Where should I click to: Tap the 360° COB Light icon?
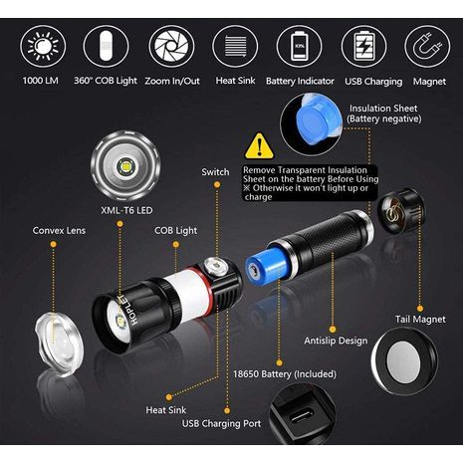coord(107,46)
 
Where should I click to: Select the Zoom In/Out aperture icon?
coord(171,46)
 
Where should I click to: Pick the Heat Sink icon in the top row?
coord(235,46)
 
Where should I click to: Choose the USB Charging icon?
coord(363,46)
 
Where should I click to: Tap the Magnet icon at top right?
coord(425,46)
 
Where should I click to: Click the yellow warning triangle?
coord(260,147)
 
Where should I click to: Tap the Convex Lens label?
coord(59,229)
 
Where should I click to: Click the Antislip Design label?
coord(338,340)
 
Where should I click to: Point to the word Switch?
coord(215,172)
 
